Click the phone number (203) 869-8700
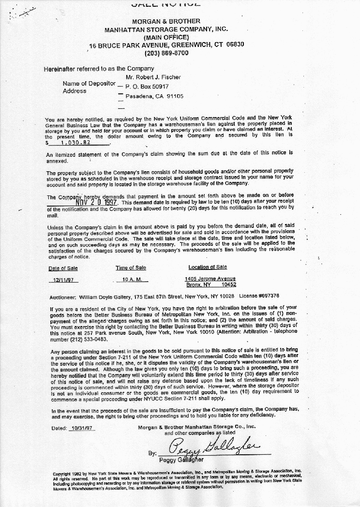[x=166, y=53]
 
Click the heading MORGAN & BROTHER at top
[x=166, y=21]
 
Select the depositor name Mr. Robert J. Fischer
[x=153, y=77]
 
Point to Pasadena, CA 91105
[x=154, y=96]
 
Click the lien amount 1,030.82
[x=75, y=143]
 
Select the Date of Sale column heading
[x=63, y=268]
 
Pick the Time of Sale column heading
[x=131, y=268]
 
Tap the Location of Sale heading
[x=208, y=267]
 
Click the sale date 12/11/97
[x=63, y=280]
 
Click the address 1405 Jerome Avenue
[x=210, y=279]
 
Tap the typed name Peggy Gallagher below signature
[x=185, y=460]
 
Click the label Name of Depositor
[x=89, y=83]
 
